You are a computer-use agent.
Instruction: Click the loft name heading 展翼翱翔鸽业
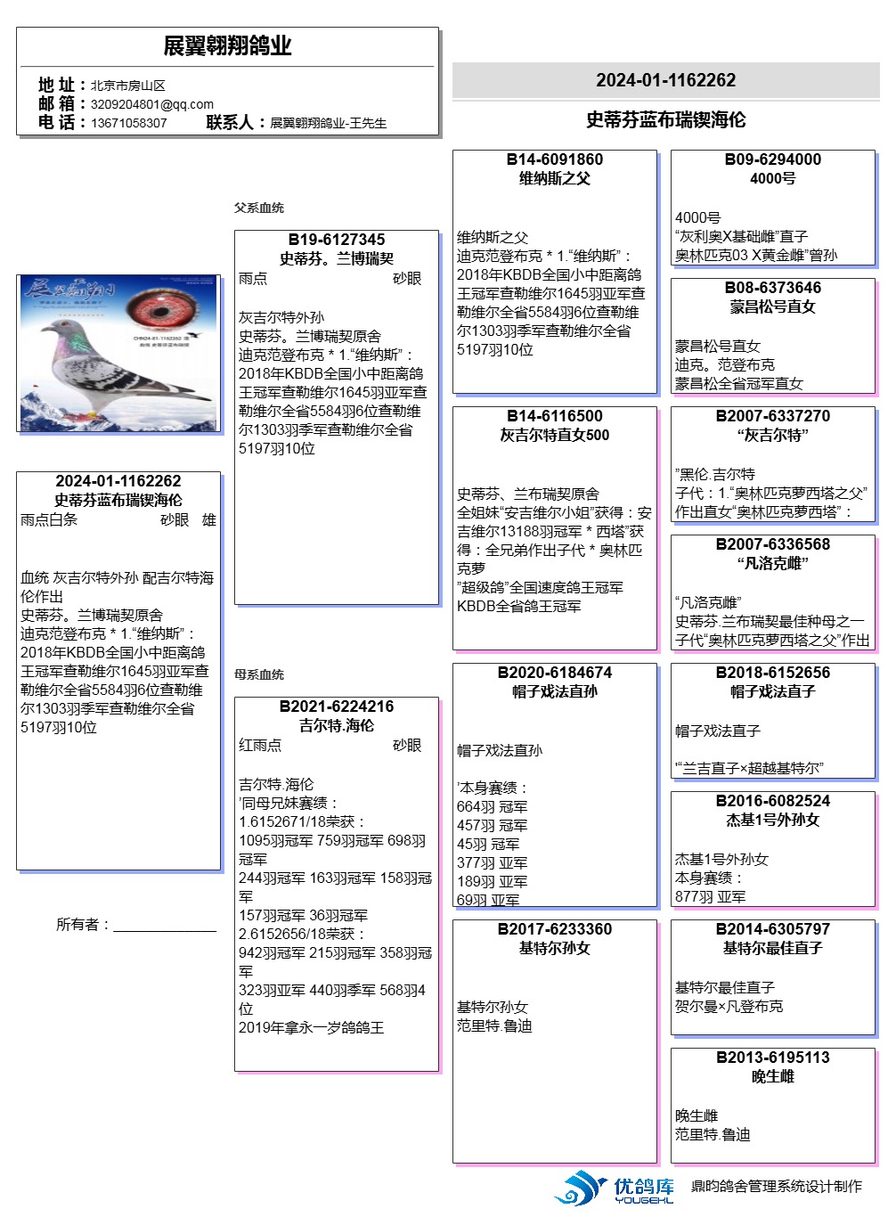click(227, 46)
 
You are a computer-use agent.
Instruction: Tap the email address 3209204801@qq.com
click(151, 104)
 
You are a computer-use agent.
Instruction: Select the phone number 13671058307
click(128, 123)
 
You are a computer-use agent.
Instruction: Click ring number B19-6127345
click(337, 240)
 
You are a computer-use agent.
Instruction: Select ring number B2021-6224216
click(337, 707)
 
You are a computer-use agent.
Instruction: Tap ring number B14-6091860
click(554, 159)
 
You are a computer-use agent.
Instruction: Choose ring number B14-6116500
click(554, 416)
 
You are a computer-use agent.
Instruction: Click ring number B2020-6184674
click(554, 673)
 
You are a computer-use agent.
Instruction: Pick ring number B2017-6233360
click(554, 929)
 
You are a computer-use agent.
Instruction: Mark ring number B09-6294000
click(772, 159)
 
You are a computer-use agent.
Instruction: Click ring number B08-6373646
click(772, 288)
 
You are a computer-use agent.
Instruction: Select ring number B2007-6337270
click(772, 416)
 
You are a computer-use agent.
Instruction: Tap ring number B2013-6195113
click(772, 1058)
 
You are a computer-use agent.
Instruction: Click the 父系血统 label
click(259, 208)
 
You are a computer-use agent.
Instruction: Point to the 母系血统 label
click(259, 674)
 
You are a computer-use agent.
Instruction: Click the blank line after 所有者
click(165, 927)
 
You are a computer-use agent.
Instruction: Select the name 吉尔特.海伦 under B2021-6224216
click(337, 725)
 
